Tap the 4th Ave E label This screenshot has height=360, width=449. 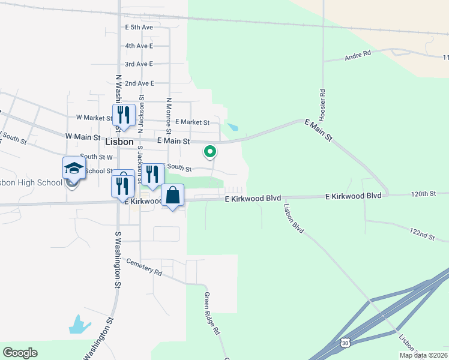click(x=139, y=46)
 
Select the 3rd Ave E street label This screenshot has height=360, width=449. click(x=139, y=64)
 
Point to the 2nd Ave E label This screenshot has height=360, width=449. click(x=139, y=83)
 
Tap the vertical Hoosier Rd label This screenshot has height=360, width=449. click(x=322, y=100)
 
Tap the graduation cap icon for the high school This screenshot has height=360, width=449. click(x=74, y=169)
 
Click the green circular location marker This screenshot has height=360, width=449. click(x=209, y=152)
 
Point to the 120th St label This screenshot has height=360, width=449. click(x=423, y=194)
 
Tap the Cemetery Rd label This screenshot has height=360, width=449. click(x=145, y=268)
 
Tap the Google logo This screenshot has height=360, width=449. click(x=20, y=353)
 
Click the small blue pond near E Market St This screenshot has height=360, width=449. click(x=232, y=127)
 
